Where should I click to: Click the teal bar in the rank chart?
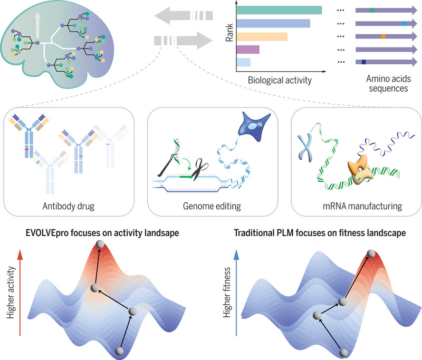[x=280, y=10]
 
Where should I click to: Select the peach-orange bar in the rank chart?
[x=262, y=36]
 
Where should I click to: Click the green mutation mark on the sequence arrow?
[x=372, y=10]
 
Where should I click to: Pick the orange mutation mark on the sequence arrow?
[x=383, y=36]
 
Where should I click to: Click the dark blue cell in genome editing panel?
[x=253, y=127]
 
